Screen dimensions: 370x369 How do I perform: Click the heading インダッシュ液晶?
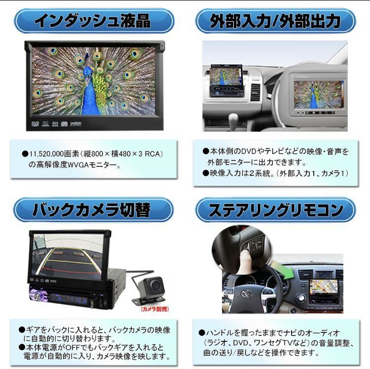coord(92,21)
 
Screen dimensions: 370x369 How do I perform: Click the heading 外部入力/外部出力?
coord(275,21)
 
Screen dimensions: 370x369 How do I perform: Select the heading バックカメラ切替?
coord(91,210)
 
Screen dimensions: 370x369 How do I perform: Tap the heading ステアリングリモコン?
coord(276,210)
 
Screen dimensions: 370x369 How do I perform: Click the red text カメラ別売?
coord(155,309)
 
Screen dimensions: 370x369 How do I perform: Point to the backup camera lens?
coord(156,286)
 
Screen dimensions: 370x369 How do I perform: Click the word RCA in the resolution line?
coord(152,154)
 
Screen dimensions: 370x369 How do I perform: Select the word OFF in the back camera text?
coord(72,347)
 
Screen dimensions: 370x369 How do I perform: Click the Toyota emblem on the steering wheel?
coord(247,293)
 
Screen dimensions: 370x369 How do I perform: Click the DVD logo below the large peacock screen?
coord(35,124)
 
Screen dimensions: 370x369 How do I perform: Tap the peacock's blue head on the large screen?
coord(88,70)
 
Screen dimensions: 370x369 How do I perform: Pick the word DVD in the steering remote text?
coord(240,343)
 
